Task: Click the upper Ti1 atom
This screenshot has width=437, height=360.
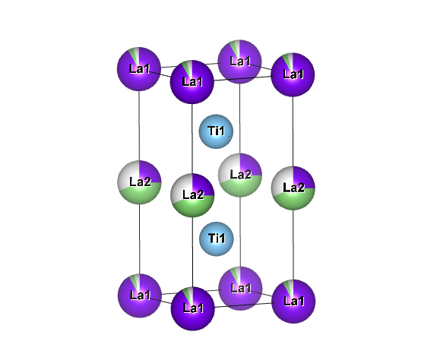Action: point(216,131)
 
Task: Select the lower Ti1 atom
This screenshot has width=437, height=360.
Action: point(217,239)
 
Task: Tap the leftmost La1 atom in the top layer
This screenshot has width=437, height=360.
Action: point(139,69)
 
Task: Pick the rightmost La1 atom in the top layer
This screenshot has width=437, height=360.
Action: point(293,74)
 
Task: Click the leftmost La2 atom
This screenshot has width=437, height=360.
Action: point(139,182)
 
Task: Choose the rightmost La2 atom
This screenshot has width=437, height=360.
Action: point(293,188)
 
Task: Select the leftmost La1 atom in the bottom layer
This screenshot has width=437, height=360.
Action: point(140,295)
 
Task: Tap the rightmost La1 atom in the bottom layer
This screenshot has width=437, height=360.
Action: point(293,302)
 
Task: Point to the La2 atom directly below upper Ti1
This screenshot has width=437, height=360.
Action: point(239,175)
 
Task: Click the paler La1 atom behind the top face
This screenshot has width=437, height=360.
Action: point(239,62)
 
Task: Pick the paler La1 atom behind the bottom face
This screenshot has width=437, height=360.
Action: point(240,289)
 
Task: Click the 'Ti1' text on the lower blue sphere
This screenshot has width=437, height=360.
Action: point(217,238)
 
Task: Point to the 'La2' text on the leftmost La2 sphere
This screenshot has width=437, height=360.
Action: point(140,182)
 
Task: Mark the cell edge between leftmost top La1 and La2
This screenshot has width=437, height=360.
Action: point(139,125)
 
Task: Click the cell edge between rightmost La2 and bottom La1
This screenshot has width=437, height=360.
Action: point(293,245)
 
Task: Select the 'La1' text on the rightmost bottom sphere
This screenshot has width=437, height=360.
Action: point(294,301)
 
